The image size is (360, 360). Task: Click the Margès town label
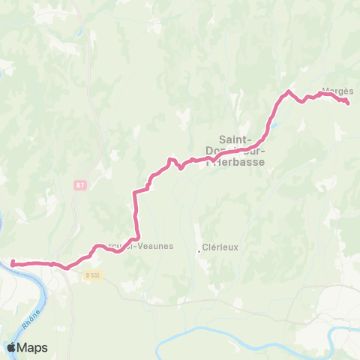(x=332, y=92)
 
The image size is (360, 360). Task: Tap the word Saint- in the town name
(x=235, y=138)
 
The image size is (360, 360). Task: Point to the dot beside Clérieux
(x=199, y=251)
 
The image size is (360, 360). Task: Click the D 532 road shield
(x=92, y=275)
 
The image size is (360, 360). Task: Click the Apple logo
(x=11, y=347)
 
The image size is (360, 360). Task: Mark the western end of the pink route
(x=13, y=262)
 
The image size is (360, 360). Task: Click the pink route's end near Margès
(x=348, y=103)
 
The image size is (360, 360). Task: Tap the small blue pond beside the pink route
(x=275, y=125)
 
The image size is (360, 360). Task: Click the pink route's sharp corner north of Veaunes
(x=135, y=193)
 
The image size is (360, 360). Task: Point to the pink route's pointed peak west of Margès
(x=288, y=91)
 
